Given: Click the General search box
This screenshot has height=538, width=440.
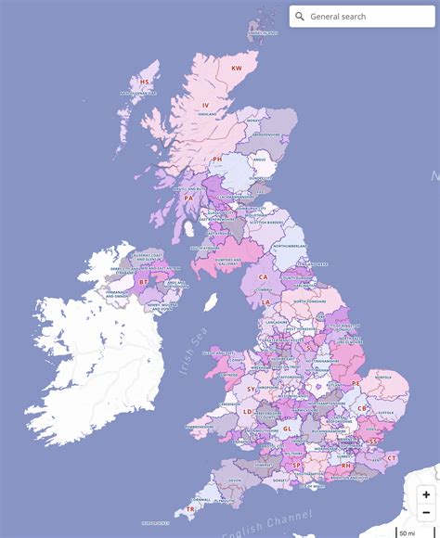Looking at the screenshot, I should click(367, 17).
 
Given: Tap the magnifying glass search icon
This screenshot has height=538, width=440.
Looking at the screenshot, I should click(300, 17).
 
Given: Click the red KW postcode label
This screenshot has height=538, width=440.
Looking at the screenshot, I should click(236, 68).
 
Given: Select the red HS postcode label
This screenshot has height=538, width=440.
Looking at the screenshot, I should click(144, 82).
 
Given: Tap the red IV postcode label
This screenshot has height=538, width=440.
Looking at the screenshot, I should click(206, 105).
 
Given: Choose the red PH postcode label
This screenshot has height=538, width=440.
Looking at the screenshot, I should click(217, 159).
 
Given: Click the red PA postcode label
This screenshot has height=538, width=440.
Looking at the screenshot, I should click(188, 198).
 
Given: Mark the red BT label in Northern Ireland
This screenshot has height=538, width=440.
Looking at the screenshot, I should click(143, 281).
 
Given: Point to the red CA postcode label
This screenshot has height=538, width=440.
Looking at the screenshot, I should click(263, 276).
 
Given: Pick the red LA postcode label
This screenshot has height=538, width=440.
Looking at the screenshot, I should click(265, 302).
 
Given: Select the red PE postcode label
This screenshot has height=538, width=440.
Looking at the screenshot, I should click(355, 383).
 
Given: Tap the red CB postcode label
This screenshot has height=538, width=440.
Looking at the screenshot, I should click(362, 408).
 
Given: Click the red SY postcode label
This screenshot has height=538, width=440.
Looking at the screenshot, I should click(250, 389).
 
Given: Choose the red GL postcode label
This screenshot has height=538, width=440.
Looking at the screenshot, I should click(287, 429).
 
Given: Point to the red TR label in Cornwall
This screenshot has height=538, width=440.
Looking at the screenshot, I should click(190, 509).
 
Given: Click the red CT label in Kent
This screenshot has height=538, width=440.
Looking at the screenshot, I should click(391, 457).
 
